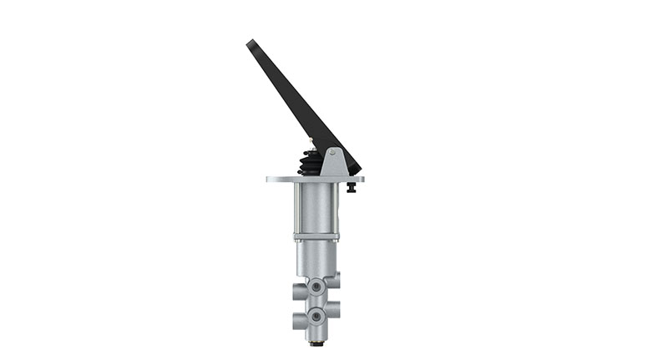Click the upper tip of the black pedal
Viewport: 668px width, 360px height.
[250, 43]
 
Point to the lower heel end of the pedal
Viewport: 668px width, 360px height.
[354, 167]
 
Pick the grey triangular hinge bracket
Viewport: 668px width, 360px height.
[333, 163]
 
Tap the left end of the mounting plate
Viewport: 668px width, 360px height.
[270, 179]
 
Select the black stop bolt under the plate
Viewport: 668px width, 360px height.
[351, 187]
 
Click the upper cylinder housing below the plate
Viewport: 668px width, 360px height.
[317, 209]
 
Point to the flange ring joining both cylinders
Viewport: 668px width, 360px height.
[317, 239]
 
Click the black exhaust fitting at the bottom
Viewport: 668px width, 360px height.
[316, 342]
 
